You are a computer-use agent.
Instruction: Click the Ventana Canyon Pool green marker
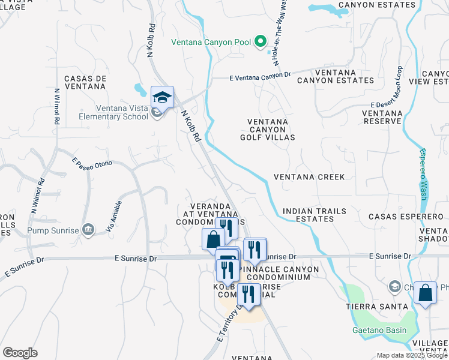click(261, 42)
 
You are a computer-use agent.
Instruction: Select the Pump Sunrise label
click(52, 230)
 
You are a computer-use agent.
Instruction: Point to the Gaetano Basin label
click(379, 331)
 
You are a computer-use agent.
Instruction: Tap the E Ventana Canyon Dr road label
click(260, 76)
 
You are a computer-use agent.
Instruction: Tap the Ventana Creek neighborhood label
click(309, 177)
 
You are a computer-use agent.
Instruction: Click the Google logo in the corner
click(20, 353)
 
